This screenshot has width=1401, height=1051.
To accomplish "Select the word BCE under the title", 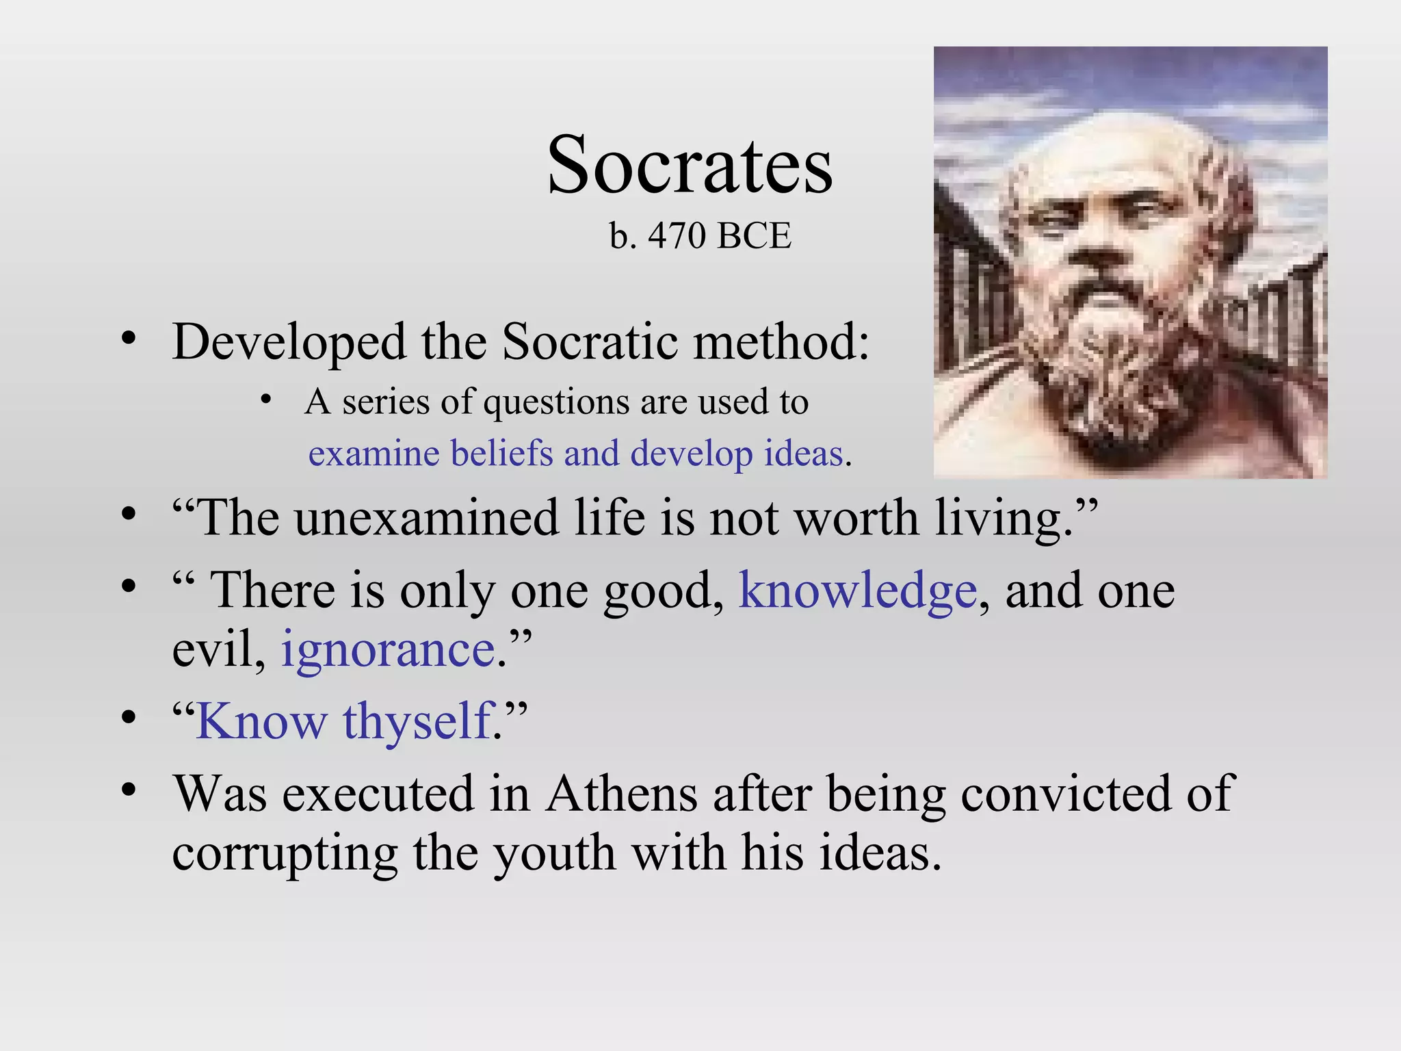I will [755, 236].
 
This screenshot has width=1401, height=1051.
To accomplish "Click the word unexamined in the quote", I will [427, 518].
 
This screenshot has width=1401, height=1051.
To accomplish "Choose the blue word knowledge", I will [858, 591].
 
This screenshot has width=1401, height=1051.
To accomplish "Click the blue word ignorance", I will [388, 650].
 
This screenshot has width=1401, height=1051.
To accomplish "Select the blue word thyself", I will [418, 721].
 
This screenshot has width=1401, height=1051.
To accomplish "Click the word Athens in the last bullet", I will [621, 794].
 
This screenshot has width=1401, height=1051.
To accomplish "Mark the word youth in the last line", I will [554, 853].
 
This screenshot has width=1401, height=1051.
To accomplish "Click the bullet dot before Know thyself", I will [129, 718].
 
